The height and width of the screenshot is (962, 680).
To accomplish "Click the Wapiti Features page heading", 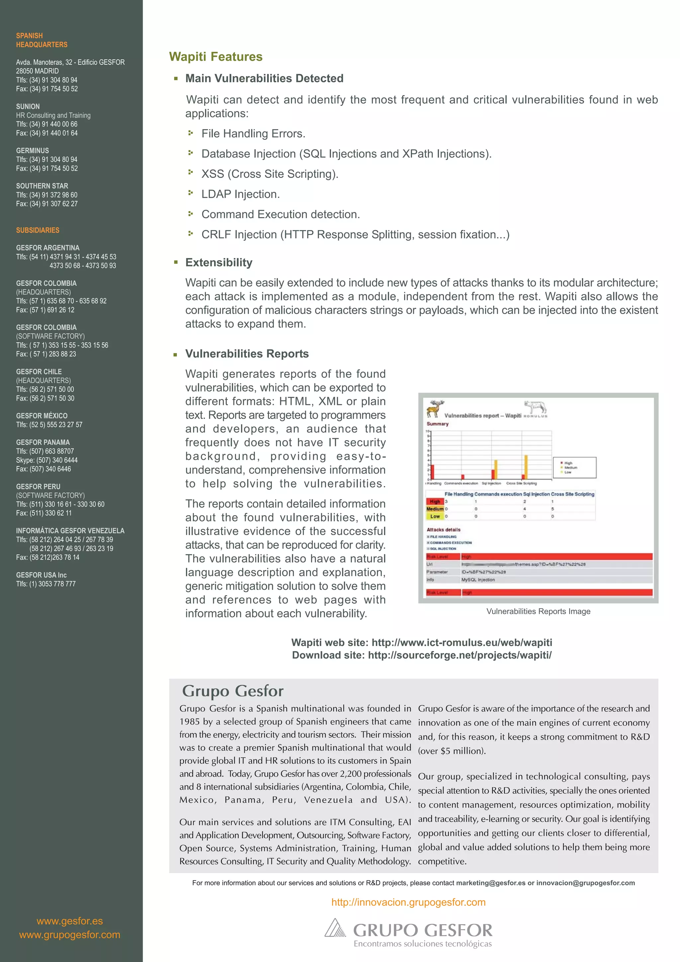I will (215, 56).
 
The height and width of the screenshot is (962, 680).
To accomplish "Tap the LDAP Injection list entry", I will (240, 194).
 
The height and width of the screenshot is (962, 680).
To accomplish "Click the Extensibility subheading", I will (219, 262).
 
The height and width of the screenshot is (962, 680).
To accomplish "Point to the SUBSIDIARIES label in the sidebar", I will (38, 230).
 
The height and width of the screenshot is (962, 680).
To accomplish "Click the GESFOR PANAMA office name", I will (43, 442).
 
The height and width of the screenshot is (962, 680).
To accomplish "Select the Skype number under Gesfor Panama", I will (47, 460).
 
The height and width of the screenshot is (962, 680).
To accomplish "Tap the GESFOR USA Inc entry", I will (41, 575).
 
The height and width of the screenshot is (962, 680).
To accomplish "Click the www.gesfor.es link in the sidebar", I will (69, 921).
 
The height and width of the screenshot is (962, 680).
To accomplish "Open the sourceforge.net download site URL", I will (460, 655).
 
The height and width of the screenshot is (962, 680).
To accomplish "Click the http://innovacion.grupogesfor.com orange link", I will (408, 902).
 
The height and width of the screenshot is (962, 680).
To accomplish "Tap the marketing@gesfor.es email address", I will (490, 883).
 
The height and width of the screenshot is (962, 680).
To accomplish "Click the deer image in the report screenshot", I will (435, 408).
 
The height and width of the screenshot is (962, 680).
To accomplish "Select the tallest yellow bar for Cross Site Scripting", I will (526, 466).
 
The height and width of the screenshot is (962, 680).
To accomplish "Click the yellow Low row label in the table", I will (435, 516).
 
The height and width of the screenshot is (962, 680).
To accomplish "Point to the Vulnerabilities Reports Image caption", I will (538, 611).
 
